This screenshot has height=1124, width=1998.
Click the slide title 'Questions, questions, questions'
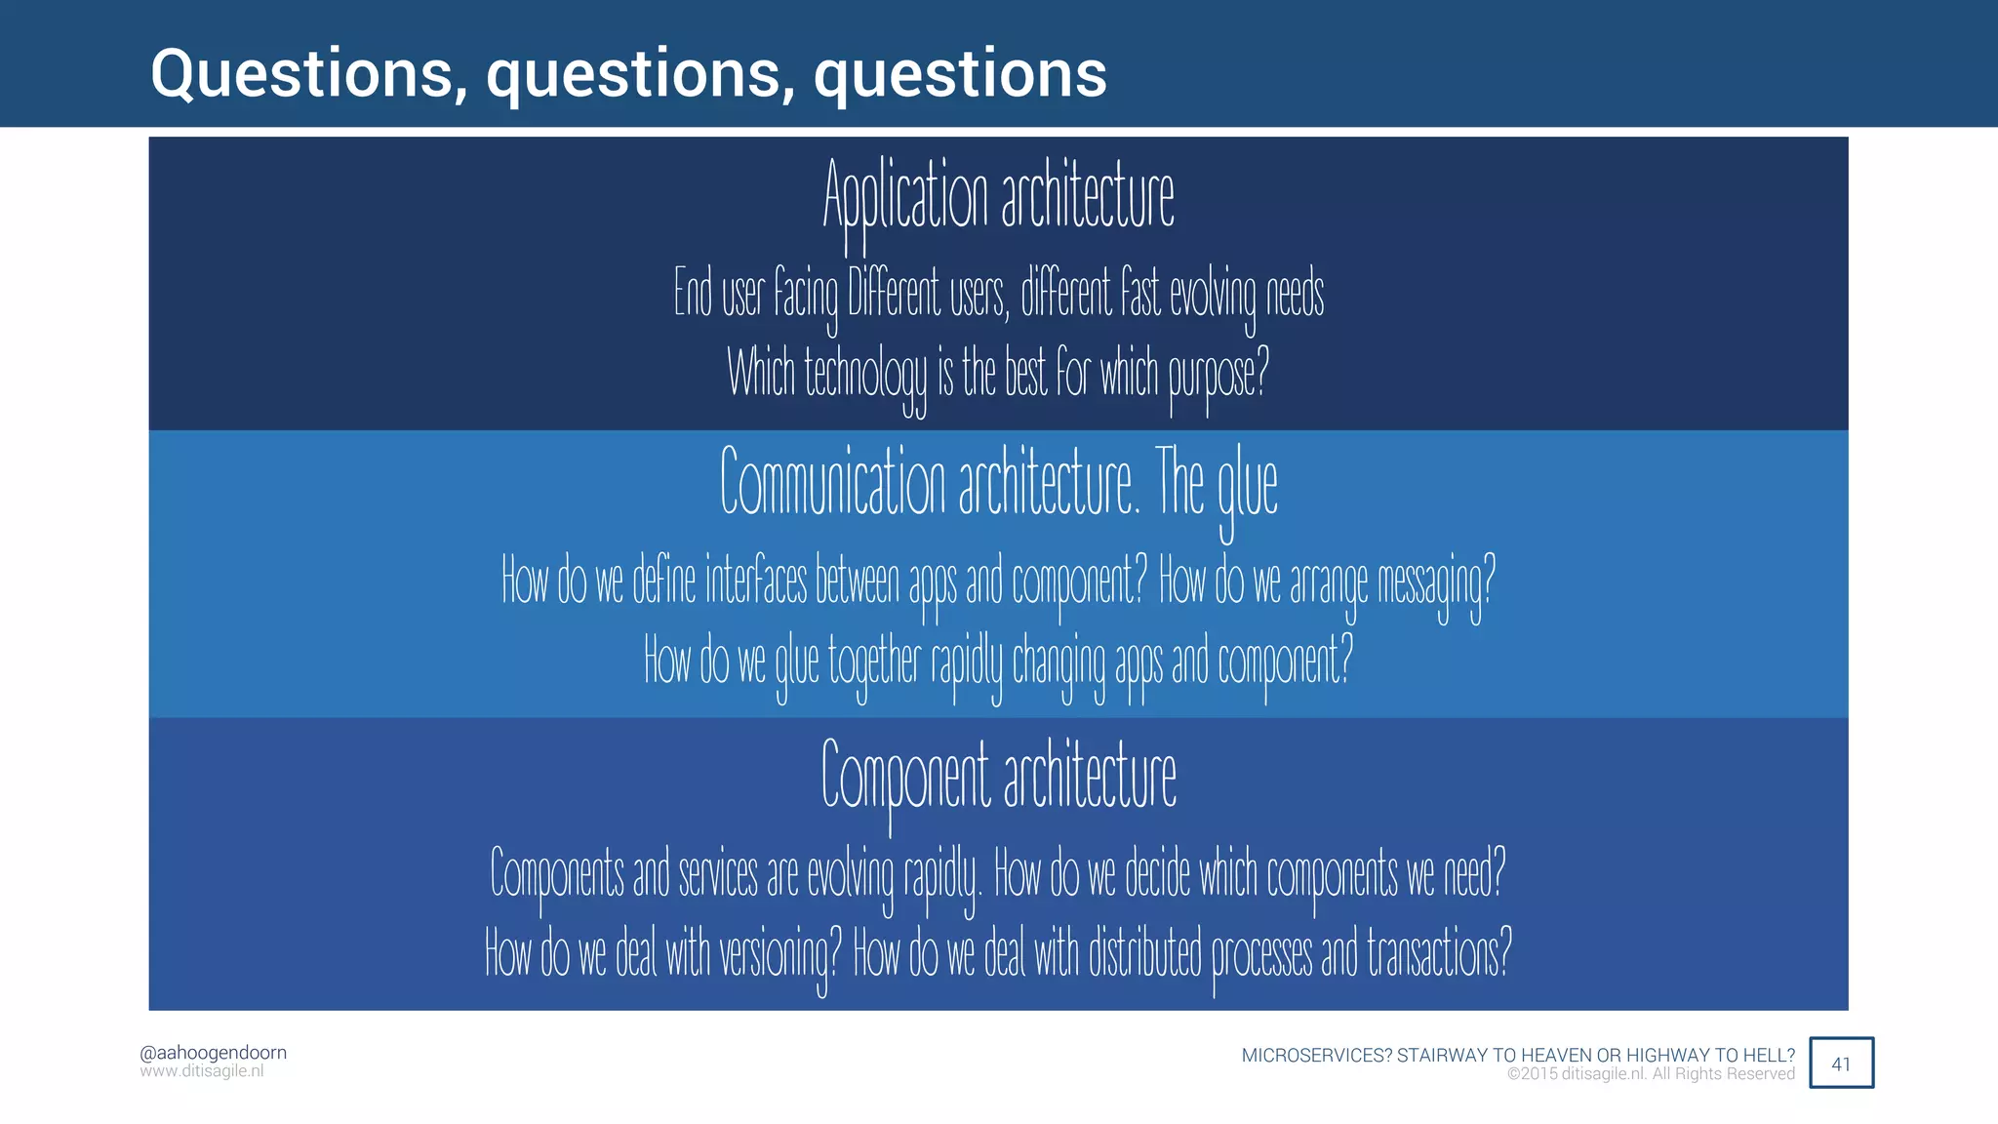628,74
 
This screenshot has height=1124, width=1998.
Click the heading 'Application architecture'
998,195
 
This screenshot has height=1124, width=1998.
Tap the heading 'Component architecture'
998,776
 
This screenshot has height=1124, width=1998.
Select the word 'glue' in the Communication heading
1247,485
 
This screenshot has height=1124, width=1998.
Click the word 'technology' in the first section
865,374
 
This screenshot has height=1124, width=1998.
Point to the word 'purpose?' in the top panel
1219,374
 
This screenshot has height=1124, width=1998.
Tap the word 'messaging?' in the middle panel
1435,582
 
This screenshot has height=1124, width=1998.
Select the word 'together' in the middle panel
874,662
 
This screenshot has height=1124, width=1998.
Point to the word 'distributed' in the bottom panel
1144,953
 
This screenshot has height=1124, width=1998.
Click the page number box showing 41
1841,1064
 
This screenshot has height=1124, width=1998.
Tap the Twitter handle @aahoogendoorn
213,1053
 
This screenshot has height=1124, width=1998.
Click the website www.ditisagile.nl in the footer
201,1071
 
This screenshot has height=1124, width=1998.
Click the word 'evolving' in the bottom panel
850,873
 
